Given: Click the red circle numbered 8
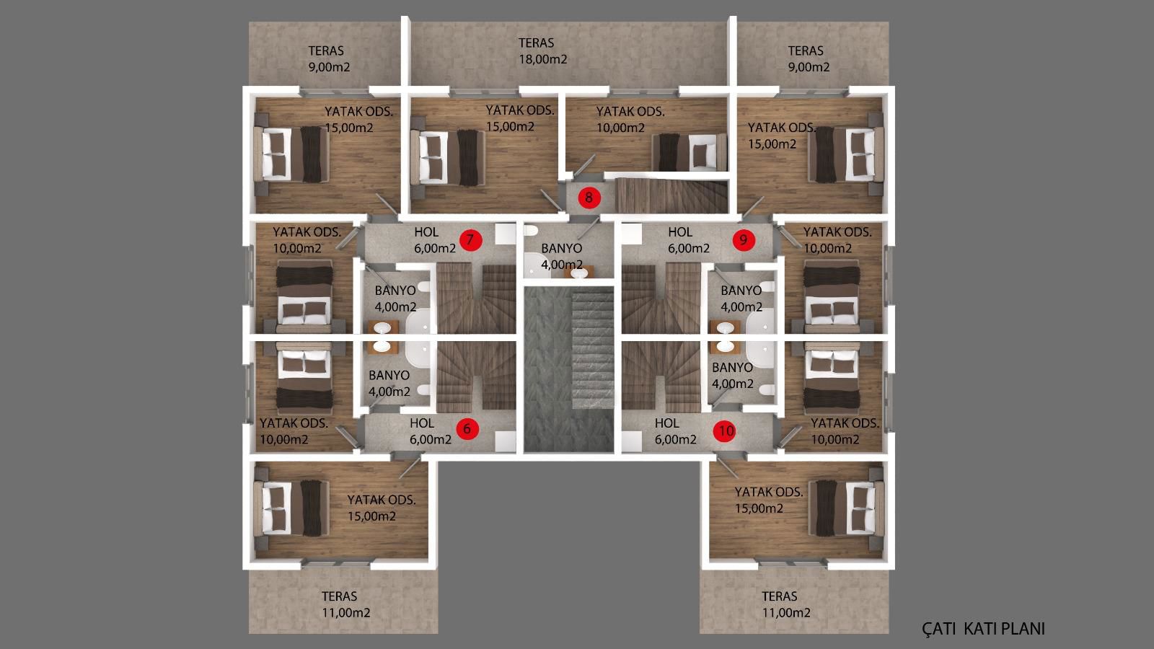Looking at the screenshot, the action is click(589, 198).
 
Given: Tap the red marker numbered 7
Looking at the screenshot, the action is click(470, 239).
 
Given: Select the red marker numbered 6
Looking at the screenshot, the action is click(467, 428).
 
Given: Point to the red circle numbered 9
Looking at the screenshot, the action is click(744, 239).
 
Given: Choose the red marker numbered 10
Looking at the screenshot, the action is click(726, 431).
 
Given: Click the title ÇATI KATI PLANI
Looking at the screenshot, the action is click(983, 628).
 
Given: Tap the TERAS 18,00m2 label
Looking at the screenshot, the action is click(542, 51).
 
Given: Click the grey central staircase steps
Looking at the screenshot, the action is click(592, 348).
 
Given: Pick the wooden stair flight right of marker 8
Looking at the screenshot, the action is click(671, 195).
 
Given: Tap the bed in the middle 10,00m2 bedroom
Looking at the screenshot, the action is click(690, 152).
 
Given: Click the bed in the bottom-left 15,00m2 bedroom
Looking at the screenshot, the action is click(291, 508).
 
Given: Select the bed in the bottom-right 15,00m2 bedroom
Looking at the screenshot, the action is click(846, 508).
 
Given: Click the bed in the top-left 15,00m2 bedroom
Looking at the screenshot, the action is click(291, 154).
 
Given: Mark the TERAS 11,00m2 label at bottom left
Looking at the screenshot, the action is click(345, 604).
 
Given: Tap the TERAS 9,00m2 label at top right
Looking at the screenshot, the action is click(809, 58).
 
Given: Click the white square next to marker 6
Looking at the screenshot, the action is click(506, 441).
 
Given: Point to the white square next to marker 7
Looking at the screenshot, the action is click(506, 234).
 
